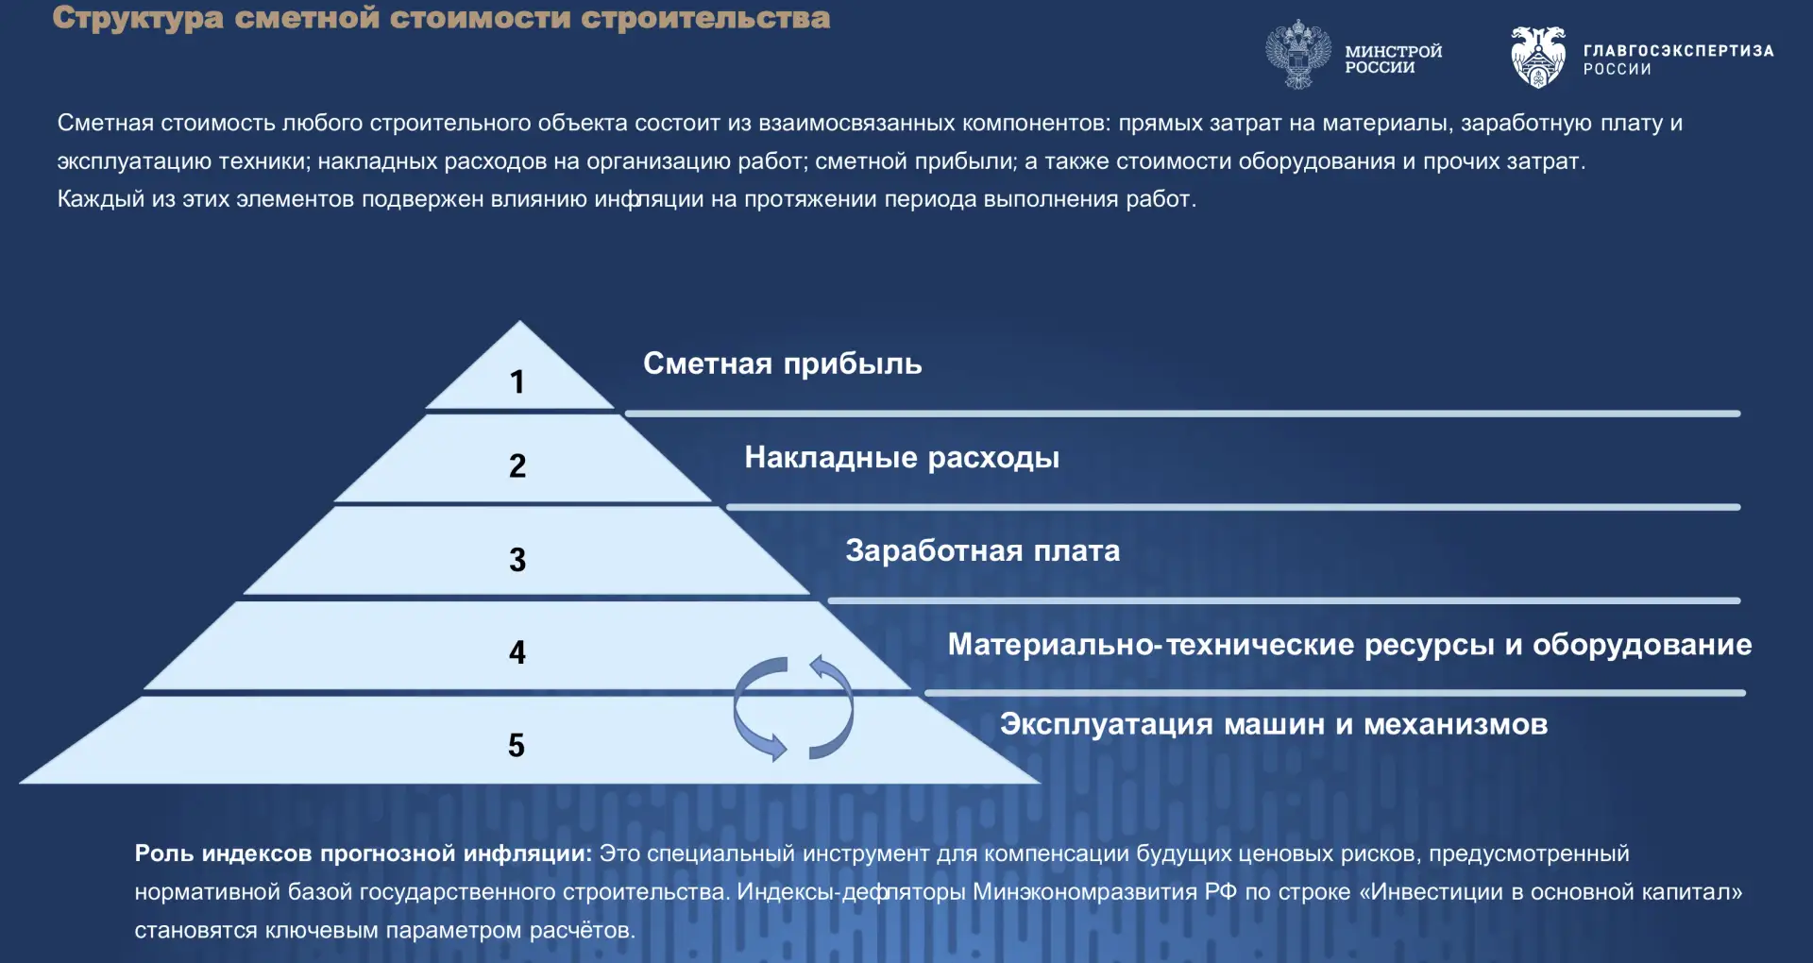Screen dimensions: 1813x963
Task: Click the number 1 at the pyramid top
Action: (x=517, y=381)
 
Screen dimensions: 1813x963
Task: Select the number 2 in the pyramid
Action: (x=517, y=465)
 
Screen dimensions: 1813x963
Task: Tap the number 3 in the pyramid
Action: (x=517, y=560)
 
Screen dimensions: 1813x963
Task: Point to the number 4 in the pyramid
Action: (x=517, y=652)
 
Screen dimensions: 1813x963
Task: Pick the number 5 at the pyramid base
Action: (x=517, y=745)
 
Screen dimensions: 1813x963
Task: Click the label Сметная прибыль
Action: (x=783, y=364)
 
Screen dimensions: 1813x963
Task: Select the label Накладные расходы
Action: (x=902, y=458)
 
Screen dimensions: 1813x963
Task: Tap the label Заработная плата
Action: (x=983, y=550)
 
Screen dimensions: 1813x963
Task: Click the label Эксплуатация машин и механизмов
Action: (x=1274, y=724)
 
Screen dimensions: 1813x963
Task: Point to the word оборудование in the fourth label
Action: (x=1642, y=645)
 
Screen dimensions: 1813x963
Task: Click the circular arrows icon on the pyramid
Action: (x=793, y=708)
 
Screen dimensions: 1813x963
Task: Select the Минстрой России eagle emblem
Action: (x=1298, y=55)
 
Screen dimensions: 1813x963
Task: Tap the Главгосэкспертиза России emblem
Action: (x=1538, y=57)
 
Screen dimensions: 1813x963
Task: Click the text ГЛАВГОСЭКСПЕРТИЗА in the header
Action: (x=1678, y=51)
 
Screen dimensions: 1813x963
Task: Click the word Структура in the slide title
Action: (x=138, y=18)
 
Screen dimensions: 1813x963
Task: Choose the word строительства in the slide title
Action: (x=705, y=17)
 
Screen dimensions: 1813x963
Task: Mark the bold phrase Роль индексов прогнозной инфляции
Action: (x=364, y=853)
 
